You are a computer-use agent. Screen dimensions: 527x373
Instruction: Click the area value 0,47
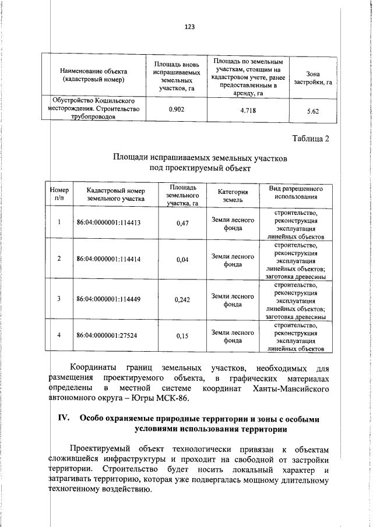[182, 223]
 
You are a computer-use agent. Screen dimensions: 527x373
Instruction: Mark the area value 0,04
[182, 259]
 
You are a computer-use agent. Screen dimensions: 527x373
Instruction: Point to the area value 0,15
[182, 336]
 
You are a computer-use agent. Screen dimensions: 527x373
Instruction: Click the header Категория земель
[233, 196]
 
